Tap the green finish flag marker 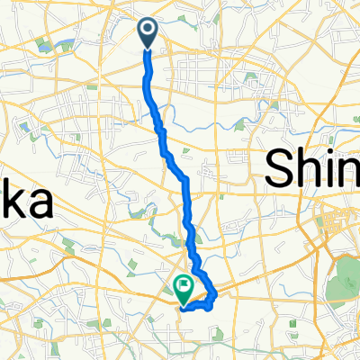[x=184, y=289]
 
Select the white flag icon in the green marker [x=184, y=286]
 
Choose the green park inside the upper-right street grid [x=269, y=103]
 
